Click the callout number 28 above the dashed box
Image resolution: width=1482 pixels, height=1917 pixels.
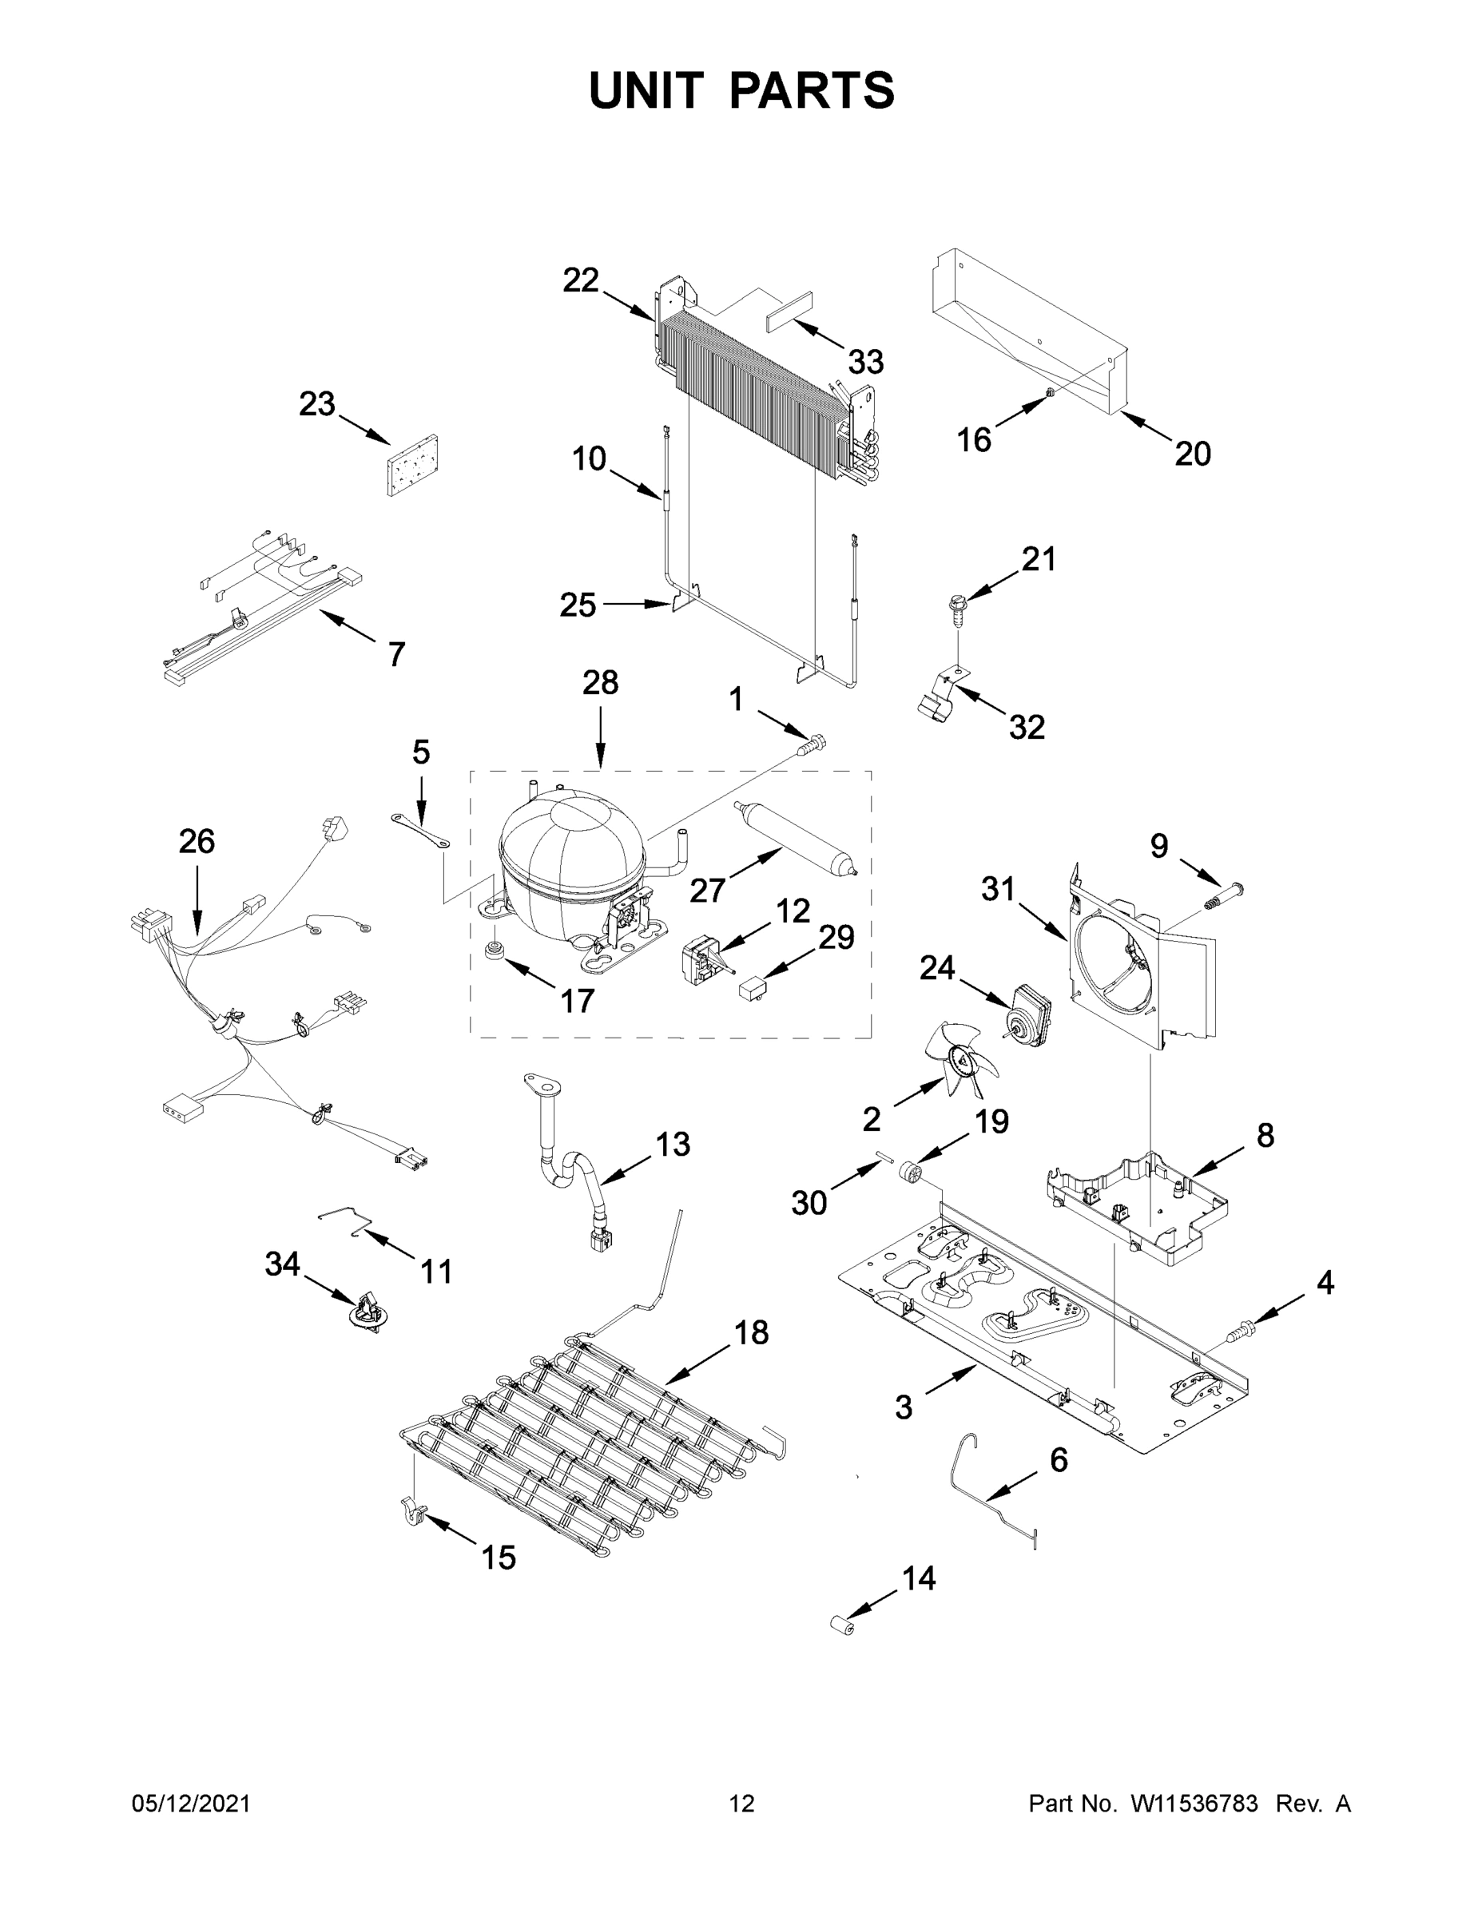pyautogui.click(x=601, y=682)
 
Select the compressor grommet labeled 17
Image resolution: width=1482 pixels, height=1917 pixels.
pyautogui.click(x=497, y=951)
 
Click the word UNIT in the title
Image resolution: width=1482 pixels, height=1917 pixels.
pyautogui.click(x=646, y=91)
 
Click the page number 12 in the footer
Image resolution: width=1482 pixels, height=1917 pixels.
pyautogui.click(x=742, y=1804)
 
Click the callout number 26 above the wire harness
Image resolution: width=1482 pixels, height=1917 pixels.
pyautogui.click(x=196, y=841)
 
